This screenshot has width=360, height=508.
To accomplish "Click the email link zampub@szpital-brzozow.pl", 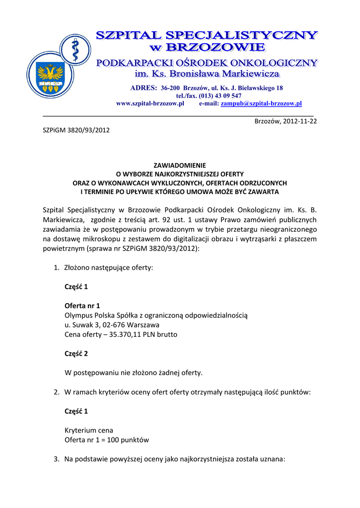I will point(261,104).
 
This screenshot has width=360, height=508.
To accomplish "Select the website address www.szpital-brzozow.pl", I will point(150,104).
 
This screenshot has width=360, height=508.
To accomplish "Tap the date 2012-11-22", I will point(299,121).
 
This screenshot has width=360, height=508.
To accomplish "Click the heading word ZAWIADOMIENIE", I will point(180,165).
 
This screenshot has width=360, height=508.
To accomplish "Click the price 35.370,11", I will point(120,334).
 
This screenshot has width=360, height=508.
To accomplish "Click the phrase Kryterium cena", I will point(89,430).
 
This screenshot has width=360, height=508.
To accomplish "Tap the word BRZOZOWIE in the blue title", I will point(215,48).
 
